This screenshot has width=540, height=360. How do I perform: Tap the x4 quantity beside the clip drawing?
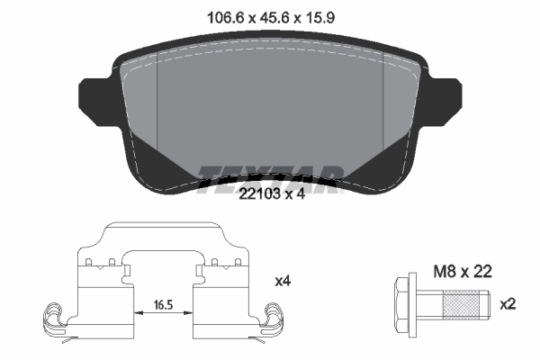click(283, 281)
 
